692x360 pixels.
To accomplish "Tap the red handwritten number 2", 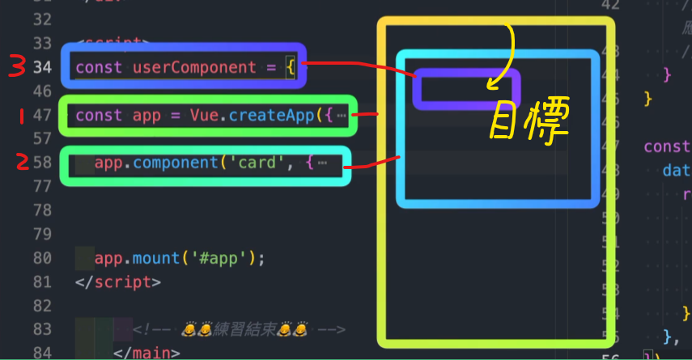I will (x=22, y=163).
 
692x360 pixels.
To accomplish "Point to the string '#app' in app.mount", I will (x=217, y=259).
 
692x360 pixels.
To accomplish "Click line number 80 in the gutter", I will (x=43, y=259).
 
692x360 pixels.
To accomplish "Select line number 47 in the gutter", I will (x=43, y=116).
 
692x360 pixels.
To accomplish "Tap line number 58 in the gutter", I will (x=43, y=163).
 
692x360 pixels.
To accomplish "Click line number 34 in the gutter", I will (x=43, y=67).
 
